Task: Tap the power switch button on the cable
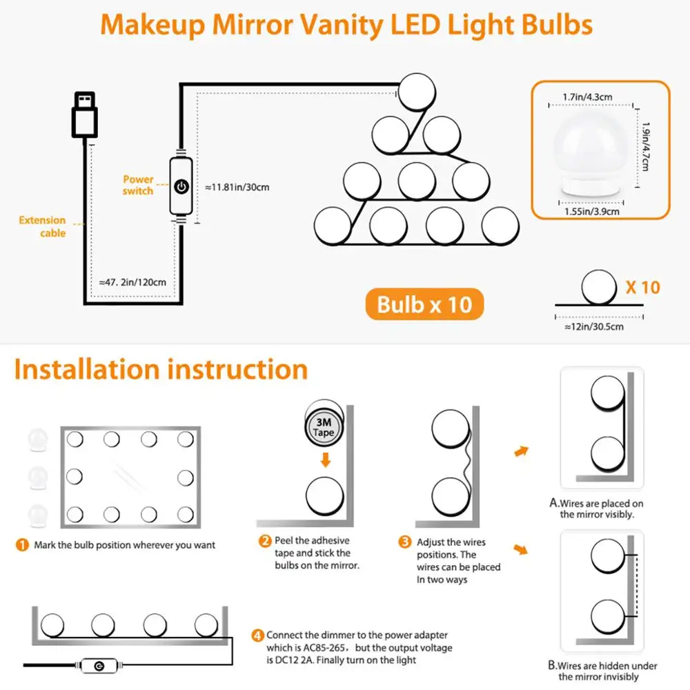[x=181, y=186]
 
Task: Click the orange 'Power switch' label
[x=138, y=185]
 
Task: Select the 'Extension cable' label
[x=43, y=226]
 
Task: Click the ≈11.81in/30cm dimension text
[x=237, y=187]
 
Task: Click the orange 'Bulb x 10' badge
[x=424, y=304]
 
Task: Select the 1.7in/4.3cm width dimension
[x=588, y=97]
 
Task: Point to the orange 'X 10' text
[x=642, y=287]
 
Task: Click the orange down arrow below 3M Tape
[x=324, y=460]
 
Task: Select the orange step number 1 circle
[x=22, y=545]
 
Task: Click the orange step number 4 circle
[x=257, y=635]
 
